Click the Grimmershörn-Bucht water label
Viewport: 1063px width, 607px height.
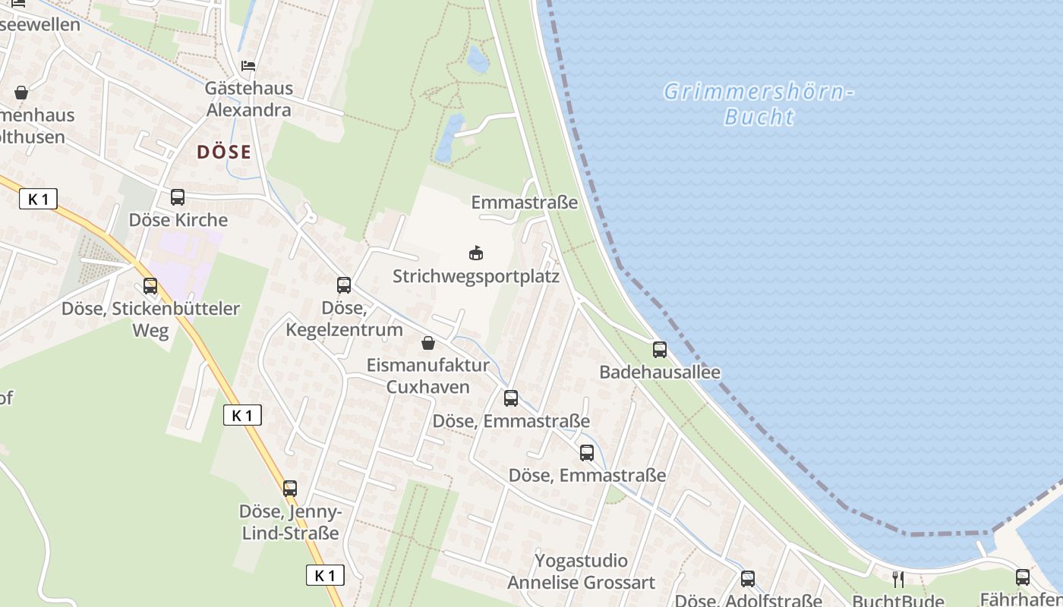click(x=759, y=104)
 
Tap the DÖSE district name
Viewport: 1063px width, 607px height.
click(x=223, y=152)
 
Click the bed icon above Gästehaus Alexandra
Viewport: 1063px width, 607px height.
click(x=248, y=66)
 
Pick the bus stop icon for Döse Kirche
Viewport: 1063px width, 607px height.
click(x=178, y=197)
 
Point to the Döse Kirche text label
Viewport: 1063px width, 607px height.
click(x=178, y=220)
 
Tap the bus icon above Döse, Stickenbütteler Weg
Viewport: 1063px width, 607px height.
click(x=150, y=286)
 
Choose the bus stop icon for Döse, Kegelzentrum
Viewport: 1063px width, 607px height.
click(x=344, y=285)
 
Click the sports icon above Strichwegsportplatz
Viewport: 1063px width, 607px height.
click(x=476, y=253)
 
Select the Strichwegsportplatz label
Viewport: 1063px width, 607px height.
click(x=476, y=276)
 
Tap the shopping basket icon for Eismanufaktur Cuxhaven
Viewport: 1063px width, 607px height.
click(x=428, y=343)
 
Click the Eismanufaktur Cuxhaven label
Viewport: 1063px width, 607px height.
click(x=428, y=376)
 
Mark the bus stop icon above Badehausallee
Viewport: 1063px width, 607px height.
click(x=660, y=350)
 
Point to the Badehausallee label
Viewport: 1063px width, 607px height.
click(x=660, y=373)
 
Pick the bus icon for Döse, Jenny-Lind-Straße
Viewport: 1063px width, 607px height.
click(x=290, y=489)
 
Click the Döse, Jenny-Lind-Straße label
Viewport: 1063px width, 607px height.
click(x=291, y=522)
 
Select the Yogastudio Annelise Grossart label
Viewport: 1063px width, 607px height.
click(x=582, y=572)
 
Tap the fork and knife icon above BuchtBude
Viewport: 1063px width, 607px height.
click(x=898, y=580)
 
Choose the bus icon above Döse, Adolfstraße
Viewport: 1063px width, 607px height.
click(x=748, y=579)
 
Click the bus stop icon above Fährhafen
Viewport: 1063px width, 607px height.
click(x=1023, y=577)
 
